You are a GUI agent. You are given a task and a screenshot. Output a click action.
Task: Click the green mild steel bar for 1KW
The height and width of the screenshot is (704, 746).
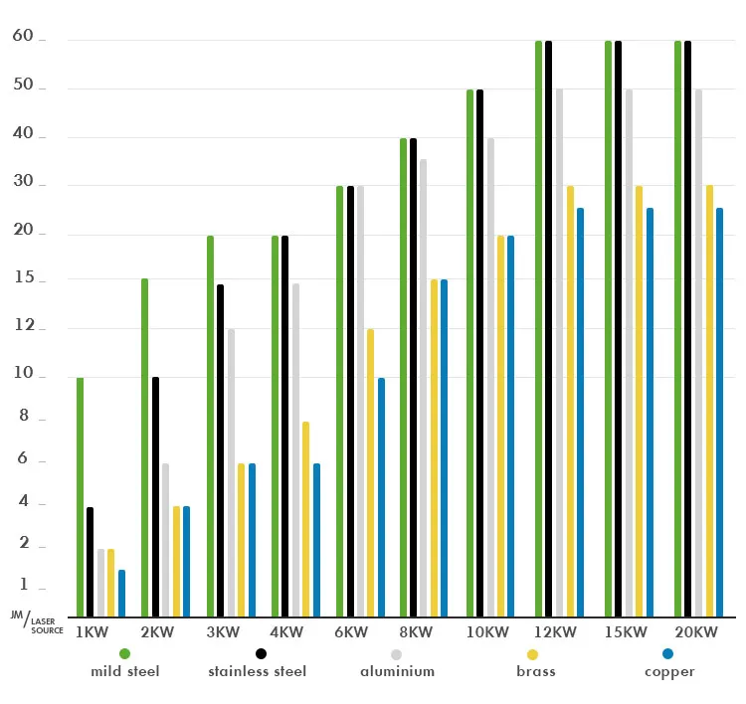point(80,497)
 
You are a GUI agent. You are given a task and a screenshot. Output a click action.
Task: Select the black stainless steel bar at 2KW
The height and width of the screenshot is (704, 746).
point(154,497)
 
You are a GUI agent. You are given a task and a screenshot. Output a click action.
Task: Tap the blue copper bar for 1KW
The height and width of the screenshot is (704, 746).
point(121,593)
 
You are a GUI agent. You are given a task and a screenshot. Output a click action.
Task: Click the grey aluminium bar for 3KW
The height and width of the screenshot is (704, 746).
point(231,472)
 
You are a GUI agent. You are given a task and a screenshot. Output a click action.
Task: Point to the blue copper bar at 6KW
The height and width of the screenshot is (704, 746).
point(381,497)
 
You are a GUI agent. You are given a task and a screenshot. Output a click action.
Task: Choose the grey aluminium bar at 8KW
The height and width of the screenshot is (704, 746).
point(424,388)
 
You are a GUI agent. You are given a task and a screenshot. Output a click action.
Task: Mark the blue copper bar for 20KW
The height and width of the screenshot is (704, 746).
point(719,412)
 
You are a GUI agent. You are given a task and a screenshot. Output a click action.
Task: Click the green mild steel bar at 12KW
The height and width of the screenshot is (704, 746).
point(538,328)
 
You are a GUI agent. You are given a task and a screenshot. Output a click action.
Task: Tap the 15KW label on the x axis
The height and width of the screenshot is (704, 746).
point(626,633)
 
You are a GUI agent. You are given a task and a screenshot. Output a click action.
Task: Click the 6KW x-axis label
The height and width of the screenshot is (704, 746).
point(351,633)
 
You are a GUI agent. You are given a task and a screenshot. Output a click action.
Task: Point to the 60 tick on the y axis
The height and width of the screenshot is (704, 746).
point(22,38)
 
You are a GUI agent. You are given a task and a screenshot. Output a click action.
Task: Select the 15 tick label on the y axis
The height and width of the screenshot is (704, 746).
point(22,281)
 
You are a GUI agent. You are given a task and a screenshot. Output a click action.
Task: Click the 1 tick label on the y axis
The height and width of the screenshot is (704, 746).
point(24,586)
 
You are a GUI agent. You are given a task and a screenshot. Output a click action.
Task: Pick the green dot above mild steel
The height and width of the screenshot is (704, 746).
point(124,653)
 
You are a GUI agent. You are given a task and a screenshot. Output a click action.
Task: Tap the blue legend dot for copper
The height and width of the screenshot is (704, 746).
point(668,653)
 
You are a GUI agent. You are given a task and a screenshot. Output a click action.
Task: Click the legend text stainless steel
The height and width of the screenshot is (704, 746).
point(257,671)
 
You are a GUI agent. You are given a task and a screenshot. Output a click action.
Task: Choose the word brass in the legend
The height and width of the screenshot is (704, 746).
point(535,671)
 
